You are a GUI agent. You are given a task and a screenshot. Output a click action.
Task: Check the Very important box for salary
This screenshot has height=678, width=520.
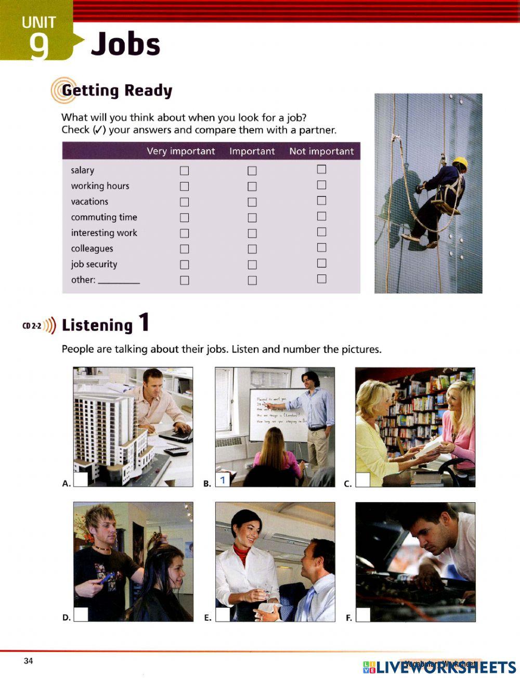click(184, 171)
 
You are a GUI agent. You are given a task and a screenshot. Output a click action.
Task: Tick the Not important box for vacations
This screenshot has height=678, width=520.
click(321, 201)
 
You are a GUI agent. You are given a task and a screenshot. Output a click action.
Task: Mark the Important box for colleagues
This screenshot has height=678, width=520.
click(252, 249)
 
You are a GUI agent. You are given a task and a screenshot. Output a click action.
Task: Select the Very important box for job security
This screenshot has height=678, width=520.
click(184, 265)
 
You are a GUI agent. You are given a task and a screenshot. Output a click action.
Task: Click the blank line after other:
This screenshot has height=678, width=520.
click(119, 281)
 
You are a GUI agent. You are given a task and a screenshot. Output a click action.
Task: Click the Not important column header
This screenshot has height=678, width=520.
click(321, 151)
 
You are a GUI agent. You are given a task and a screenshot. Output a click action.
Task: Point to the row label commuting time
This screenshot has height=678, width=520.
click(104, 217)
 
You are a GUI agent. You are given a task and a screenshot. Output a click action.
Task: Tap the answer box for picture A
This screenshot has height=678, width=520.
click(81, 479)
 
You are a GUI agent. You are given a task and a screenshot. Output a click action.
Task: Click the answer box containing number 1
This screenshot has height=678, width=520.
click(223, 479)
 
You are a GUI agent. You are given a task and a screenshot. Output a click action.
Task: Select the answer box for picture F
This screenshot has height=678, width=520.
click(363, 615)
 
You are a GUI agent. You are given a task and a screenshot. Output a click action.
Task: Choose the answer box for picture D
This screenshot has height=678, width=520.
click(81, 615)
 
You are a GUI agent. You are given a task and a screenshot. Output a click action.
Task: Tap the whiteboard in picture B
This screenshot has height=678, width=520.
click(276, 413)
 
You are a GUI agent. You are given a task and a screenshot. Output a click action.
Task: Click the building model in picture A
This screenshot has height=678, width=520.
click(109, 432)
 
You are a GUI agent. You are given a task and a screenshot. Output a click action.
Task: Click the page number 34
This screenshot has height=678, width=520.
click(28, 661)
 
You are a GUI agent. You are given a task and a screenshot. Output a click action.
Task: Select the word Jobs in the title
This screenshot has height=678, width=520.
click(125, 44)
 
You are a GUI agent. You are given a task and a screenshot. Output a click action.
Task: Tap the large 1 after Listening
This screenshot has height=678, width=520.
click(144, 322)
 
